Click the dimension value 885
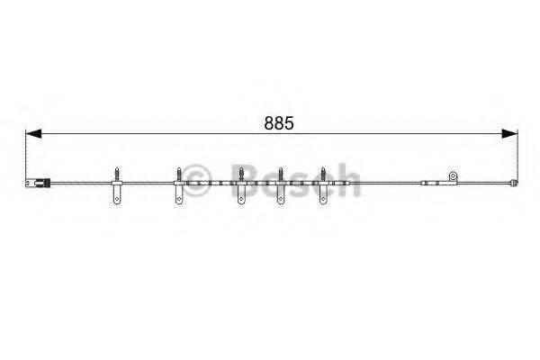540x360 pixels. (279, 123)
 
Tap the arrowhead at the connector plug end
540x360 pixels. (33, 133)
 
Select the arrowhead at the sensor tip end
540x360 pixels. (509, 133)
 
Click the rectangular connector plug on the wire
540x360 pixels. (38, 183)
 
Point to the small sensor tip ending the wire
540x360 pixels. (514, 183)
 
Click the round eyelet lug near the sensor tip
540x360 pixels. (453, 176)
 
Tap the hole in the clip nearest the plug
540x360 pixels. (117, 199)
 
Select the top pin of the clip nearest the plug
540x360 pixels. (117, 174)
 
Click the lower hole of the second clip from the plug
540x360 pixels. (179, 199)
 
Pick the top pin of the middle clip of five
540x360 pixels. (241, 174)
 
